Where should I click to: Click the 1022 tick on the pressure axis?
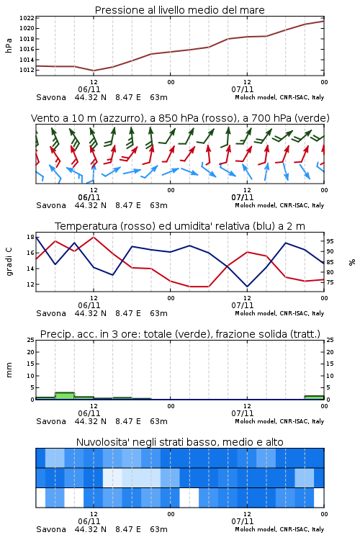click(x=27, y=18)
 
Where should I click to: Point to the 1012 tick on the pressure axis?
click(x=27, y=70)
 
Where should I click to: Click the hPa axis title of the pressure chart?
click(x=9, y=45)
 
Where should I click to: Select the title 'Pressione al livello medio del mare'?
click(x=180, y=10)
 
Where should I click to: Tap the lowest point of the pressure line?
click(x=94, y=71)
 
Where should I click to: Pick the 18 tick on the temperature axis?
click(x=30, y=237)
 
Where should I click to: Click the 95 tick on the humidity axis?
click(x=330, y=241)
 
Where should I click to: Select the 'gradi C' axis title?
click(x=9, y=261)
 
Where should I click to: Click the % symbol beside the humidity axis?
click(x=352, y=262)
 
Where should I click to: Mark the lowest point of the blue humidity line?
click(x=247, y=287)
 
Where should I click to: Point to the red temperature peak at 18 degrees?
click(x=94, y=237)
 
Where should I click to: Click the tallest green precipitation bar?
click(x=65, y=396)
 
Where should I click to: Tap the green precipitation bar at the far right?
click(x=314, y=397)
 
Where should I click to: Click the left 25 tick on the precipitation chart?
click(x=30, y=340)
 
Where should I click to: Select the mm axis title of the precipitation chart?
click(x=9, y=370)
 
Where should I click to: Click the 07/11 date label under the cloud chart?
click(x=242, y=521)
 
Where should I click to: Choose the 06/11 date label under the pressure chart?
click(x=89, y=89)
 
